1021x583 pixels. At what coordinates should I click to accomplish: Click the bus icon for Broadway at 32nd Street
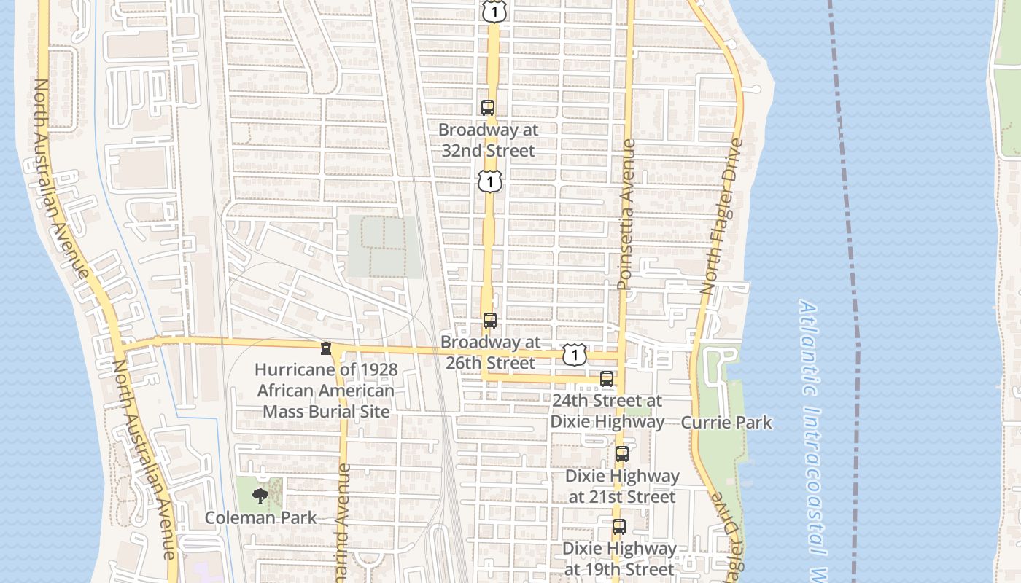(488, 108)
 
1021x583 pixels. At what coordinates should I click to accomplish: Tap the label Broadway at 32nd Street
(489, 141)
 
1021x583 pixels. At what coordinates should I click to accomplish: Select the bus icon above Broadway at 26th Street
(490, 320)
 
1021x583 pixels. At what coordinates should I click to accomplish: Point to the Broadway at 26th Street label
(490, 352)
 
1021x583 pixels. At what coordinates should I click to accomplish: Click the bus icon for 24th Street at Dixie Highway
(607, 378)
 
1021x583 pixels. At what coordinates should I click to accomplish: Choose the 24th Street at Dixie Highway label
(607, 411)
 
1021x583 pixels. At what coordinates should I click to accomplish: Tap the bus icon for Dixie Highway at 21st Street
(621, 453)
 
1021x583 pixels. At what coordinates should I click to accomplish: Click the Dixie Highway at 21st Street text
(622, 486)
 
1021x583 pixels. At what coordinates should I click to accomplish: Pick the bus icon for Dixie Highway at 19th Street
(619, 526)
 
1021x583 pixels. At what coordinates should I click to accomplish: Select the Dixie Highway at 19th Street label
(619, 558)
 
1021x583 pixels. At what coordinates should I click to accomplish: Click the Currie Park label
(726, 423)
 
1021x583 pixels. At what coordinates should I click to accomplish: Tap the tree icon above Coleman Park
(260, 497)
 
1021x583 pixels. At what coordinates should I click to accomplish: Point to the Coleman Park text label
(260, 518)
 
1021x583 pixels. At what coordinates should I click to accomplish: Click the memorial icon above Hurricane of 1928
(326, 349)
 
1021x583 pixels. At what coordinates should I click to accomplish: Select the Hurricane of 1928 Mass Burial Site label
(326, 391)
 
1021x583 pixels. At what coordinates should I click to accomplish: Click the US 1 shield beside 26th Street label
(575, 355)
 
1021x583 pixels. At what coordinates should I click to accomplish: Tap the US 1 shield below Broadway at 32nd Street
(491, 181)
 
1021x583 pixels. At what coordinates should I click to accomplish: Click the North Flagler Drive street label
(721, 216)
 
